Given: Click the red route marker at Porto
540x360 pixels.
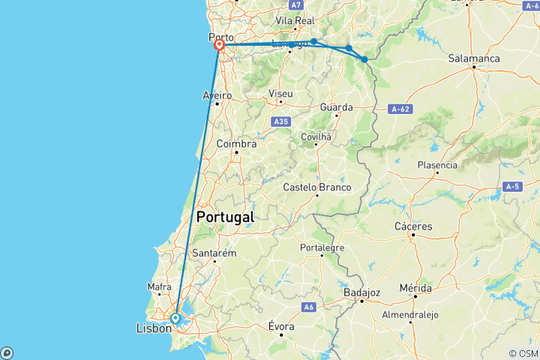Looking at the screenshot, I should tap(220, 45).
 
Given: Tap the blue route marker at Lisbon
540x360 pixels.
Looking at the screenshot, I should tap(175, 319).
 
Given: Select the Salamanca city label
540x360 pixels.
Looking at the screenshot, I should tap(473, 58).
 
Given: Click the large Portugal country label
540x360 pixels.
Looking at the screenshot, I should tap(224, 217).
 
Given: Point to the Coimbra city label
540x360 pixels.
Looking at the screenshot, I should tap(236, 144).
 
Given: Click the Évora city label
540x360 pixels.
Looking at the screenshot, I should tap(282, 326).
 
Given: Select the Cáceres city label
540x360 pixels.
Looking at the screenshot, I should tap(413, 226).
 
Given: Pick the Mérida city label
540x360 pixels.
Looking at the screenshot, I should tap(415, 287).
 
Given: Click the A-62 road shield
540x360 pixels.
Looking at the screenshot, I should tap(401, 109).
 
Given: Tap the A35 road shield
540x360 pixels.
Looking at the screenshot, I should tap(281, 121).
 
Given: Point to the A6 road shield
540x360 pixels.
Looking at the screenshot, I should tap(308, 307).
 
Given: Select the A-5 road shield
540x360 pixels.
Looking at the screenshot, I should tap(513, 186).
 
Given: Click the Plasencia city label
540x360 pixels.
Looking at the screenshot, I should tap(437, 165).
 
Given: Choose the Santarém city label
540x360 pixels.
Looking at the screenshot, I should tap(214, 253).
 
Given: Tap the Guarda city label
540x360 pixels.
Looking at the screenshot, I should tap(336, 107).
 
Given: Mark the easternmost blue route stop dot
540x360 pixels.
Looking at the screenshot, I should tap(364, 59).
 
